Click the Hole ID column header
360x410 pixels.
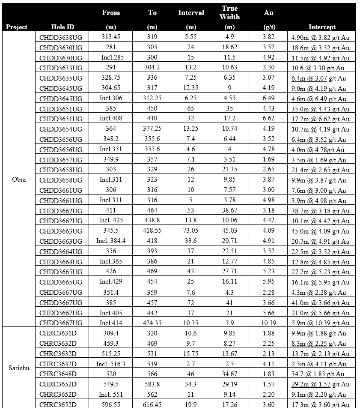tap(62, 27)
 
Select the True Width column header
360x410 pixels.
tap(229, 13)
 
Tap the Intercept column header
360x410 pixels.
tap(322, 27)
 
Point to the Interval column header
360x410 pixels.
tap(191, 13)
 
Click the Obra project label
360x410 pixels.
tap(19, 180)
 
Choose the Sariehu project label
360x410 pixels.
tap(19, 368)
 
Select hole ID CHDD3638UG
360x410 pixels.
tap(61, 37)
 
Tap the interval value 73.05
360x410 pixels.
tap(191, 231)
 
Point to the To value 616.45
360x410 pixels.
tap(152, 404)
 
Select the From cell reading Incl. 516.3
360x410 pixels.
tap(111, 364)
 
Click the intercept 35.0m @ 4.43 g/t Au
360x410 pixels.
tap(319, 109)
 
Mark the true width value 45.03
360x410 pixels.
tap(229, 231)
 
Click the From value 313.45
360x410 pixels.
tap(111, 37)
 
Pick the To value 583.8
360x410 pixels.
tap(152, 384)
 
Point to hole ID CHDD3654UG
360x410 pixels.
tap(61, 129)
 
